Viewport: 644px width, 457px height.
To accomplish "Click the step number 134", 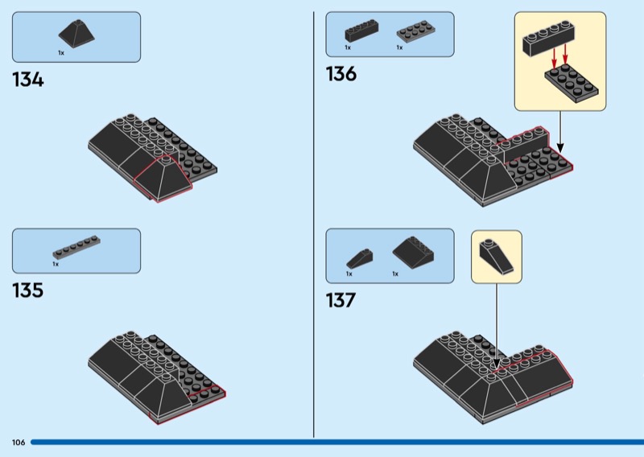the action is [28, 80].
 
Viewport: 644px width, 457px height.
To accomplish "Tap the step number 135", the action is [28, 290].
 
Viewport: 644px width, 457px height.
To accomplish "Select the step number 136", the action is [341, 74].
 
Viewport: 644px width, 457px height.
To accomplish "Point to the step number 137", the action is [341, 300].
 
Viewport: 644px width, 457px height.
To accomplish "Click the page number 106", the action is [19, 443].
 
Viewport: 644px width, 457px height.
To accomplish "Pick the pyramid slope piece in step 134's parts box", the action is [76, 33].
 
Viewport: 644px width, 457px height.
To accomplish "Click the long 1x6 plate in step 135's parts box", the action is [76, 247].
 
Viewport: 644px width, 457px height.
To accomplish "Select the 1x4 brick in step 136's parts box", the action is [361, 30].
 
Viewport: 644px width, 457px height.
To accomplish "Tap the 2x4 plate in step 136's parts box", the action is [416, 32].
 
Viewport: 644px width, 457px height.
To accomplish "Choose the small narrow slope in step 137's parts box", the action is [359, 259].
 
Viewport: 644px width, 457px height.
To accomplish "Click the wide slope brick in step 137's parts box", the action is [413, 253].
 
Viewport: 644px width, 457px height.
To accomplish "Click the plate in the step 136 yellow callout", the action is [572, 84].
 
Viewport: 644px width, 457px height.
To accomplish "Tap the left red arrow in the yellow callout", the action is [554, 58].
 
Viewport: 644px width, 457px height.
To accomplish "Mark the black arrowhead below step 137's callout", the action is [497, 364].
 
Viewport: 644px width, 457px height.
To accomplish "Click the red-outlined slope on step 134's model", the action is [163, 179].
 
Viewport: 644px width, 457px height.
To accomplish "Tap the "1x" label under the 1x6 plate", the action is [56, 264].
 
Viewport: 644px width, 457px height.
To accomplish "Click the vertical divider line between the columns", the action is [314, 224].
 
